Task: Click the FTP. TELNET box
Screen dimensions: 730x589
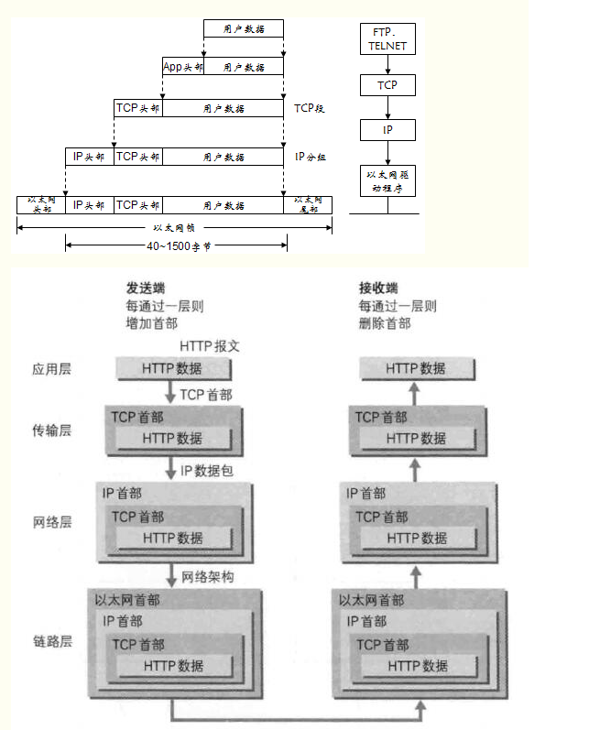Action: (388, 38)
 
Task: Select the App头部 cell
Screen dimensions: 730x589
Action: (182, 67)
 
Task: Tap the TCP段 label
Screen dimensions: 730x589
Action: (310, 108)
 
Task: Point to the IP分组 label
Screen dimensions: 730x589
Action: (311, 157)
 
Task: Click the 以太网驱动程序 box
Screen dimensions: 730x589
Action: (388, 180)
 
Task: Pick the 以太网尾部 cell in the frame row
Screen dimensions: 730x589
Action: (308, 204)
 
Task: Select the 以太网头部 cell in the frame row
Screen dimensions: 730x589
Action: (41, 204)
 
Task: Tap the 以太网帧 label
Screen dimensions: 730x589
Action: (174, 226)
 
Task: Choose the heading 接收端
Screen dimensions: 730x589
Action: (379, 288)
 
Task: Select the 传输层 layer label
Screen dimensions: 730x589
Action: (51, 430)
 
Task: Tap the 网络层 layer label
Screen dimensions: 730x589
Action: (51, 523)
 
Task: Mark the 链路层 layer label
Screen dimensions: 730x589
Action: (51, 641)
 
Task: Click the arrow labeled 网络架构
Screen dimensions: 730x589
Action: (171, 577)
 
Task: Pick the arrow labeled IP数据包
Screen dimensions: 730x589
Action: (171, 471)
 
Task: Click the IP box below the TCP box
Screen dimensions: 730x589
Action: (388, 131)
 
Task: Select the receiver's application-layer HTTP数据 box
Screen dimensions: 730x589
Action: (417, 369)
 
